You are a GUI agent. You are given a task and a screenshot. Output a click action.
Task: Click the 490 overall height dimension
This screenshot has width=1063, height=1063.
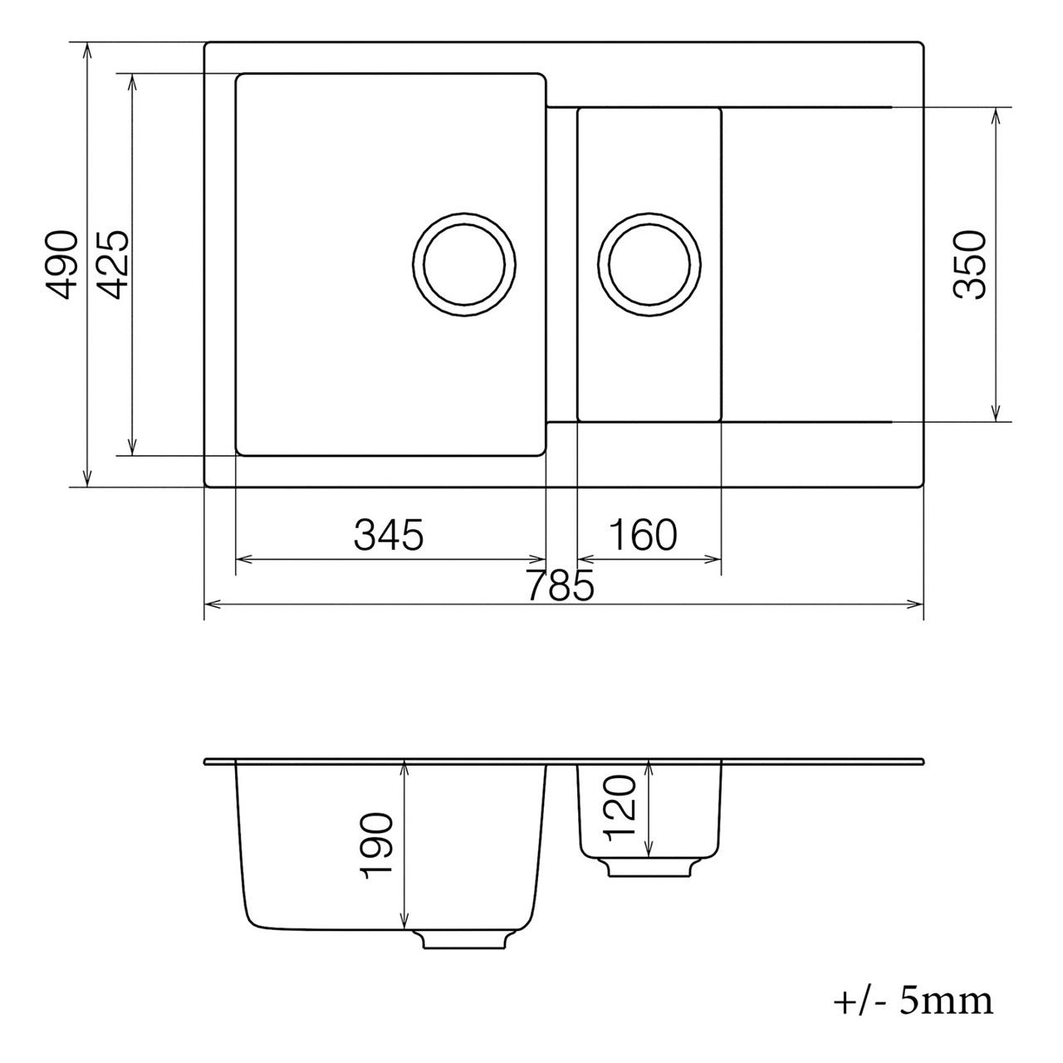coord(62,264)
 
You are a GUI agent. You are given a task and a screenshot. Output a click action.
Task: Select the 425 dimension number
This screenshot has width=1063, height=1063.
coord(112,264)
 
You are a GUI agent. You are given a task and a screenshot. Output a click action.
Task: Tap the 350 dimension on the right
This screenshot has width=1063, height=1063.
coord(969,264)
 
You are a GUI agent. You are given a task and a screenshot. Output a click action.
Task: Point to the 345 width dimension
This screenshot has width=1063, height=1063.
coord(389,535)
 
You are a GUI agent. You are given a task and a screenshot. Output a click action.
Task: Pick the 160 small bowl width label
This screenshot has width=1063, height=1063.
coord(643,535)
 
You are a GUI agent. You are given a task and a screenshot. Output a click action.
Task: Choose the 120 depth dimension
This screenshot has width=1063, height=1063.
coord(620,808)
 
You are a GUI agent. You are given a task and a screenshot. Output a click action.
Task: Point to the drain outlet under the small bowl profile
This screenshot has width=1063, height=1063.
coord(649,867)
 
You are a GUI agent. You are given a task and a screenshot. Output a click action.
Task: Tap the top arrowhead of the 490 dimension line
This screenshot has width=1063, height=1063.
coord(87,50)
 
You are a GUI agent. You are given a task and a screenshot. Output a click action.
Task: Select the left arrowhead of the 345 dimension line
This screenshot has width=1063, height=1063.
coord(242,559)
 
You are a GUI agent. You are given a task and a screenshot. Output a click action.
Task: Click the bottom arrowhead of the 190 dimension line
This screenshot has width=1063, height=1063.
coord(404,921)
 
